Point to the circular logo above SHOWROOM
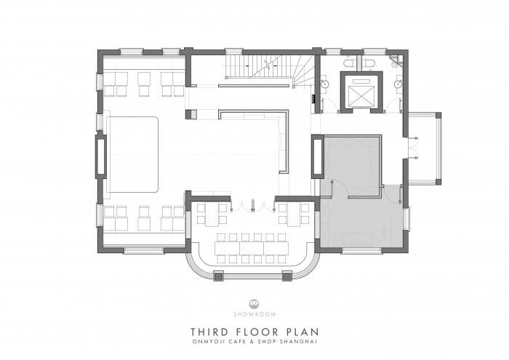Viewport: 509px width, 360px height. click(x=254, y=301)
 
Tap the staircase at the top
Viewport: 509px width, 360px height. click(x=268, y=70)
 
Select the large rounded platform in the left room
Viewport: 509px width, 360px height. click(x=133, y=153)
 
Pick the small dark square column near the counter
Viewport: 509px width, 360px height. click(x=191, y=114)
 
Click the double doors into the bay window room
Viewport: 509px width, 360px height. click(x=252, y=203)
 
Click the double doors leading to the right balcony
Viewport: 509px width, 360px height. click(x=411, y=146)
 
